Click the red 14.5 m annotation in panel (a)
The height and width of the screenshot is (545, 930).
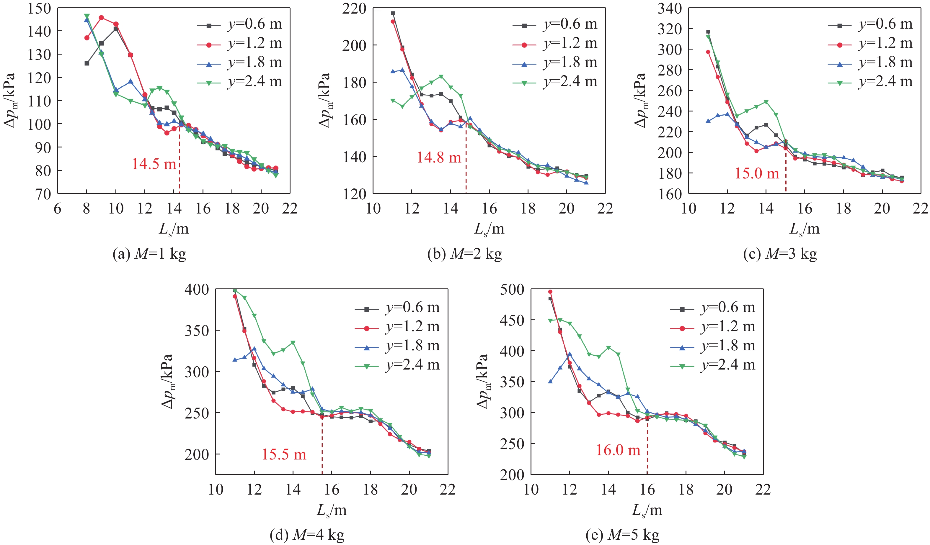click(154, 164)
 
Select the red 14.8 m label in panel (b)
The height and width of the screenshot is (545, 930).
click(439, 157)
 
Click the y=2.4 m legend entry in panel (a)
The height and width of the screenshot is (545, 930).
click(240, 81)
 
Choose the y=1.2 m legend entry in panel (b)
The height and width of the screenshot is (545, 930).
click(555, 43)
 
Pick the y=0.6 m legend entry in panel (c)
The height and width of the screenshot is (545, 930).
click(870, 24)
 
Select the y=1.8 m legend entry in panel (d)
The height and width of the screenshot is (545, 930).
click(397, 346)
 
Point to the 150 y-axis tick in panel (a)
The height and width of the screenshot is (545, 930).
click(39, 8)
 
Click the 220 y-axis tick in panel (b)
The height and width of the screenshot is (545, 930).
click(354, 8)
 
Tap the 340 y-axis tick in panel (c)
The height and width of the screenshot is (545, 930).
click(670, 8)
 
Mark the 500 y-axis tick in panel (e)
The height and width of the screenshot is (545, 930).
click(512, 290)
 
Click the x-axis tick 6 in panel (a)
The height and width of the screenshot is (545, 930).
click(58, 209)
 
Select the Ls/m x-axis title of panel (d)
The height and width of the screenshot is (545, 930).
click(331, 510)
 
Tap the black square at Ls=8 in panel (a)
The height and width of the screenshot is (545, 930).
click(87, 63)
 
